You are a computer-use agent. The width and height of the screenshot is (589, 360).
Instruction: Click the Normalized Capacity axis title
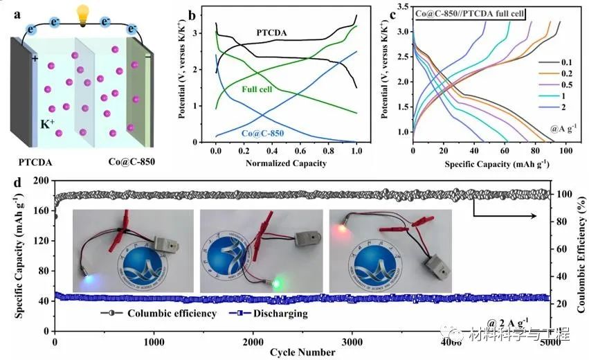[x=286, y=163]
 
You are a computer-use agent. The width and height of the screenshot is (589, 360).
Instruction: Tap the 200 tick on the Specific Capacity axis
[x=39, y=181]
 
